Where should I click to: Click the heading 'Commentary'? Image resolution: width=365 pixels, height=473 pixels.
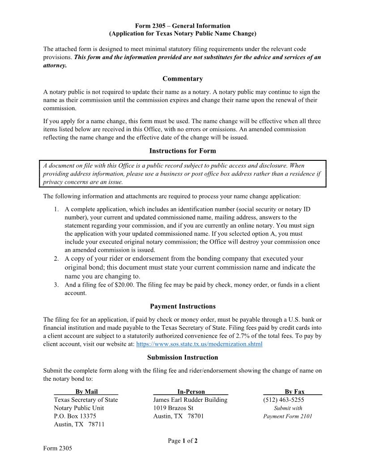tap(182, 79)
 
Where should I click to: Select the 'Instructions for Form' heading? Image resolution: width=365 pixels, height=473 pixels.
tap(182, 151)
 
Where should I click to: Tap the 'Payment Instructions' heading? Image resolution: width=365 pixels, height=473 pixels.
tap(182, 306)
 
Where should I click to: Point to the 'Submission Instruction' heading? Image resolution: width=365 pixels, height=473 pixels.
tap(182, 357)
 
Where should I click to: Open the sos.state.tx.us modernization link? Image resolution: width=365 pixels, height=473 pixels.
tap(199, 344)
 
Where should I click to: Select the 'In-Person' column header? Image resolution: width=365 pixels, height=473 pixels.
tap(191, 391)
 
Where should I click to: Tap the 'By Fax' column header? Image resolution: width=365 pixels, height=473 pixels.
tap(294, 391)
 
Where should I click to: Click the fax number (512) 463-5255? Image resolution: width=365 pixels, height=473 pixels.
tap(284, 400)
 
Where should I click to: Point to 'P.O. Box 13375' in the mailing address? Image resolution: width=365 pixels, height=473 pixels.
tap(75, 416)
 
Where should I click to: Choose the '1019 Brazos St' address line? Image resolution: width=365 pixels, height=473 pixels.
tap(173, 408)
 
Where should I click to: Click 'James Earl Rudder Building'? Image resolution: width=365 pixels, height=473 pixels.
tap(190, 400)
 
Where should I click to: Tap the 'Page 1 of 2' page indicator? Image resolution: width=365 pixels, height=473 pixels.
tap(182, 441)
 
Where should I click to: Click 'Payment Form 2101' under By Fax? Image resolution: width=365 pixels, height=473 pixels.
tap(288, 416)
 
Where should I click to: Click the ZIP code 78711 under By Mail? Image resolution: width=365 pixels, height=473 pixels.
tap(96, 424)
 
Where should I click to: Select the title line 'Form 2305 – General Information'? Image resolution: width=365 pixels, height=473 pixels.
tap(182, 26)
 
